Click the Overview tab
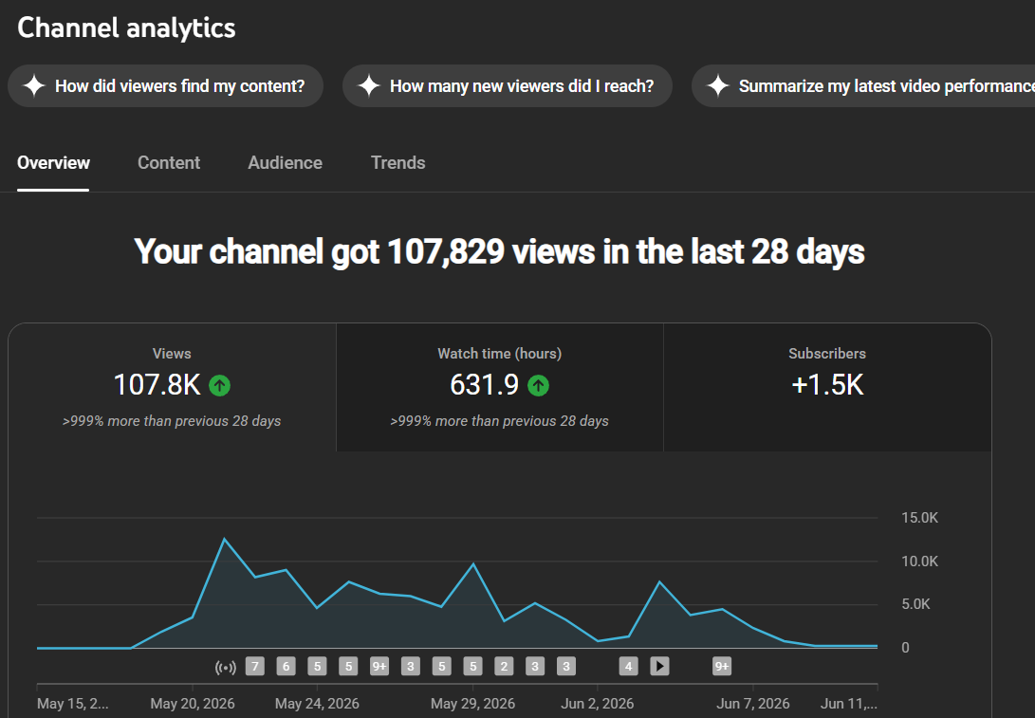pos(53,163)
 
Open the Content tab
pos(168,163)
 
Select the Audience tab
pos(286,163)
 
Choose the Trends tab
pos(398,163)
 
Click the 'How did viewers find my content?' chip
pos(166,85)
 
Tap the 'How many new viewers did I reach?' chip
pos(507,85)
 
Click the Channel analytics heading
pos(126,28)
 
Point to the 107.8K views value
pos(157,385)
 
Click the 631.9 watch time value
pos(485,385)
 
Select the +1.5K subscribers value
pos(827,385)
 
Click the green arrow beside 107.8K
pos(220,385)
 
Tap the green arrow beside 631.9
pos(539,385)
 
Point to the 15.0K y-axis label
pos(919,518)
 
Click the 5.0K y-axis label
pos(915,604)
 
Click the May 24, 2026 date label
pos(317,704)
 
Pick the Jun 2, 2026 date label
pos(598,704)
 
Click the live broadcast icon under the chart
pos(226,667)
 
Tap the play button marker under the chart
pos(659,667)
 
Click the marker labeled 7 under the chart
pos(255,667)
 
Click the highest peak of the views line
pos(225,539)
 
